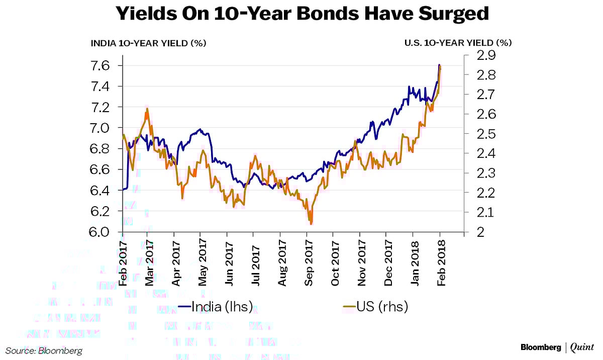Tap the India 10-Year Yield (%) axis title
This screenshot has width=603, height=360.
point(148,43)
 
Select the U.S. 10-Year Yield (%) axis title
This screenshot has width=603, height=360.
point(458,43)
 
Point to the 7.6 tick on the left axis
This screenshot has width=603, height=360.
point(103,66)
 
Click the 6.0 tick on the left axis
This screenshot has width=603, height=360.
point(103,232)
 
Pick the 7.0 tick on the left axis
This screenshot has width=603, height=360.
point(103,128)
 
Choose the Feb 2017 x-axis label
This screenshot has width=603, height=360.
point(123,261)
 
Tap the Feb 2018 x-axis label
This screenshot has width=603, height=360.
point(441,261)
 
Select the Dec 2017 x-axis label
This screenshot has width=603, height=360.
point(387,261)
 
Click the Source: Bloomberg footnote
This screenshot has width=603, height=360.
point(44,350)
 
